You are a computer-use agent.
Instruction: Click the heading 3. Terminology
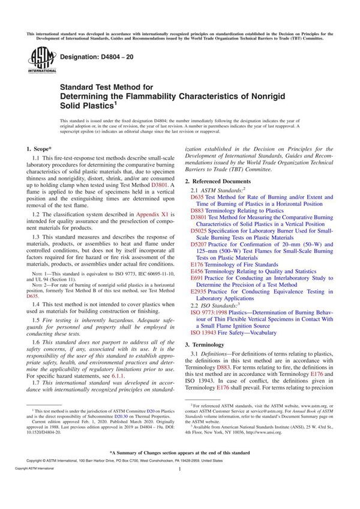(209, 345)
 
